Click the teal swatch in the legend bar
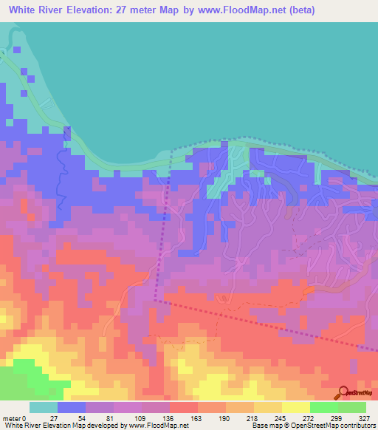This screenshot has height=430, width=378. (44, 407)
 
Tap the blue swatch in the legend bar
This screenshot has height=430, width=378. (72, 407)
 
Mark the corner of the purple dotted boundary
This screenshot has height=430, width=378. (156, 301)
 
